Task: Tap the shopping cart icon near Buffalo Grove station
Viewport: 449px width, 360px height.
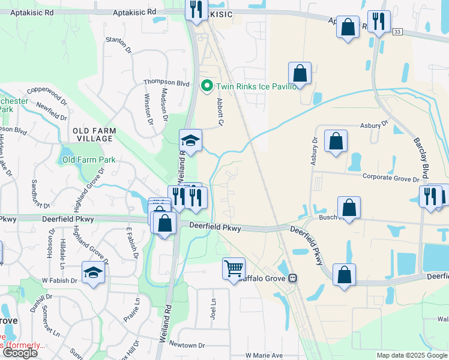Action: (x=234, y=268)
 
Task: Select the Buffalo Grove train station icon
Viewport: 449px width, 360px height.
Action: (x=293, y=278)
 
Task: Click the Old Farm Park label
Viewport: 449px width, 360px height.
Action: (x=89, y=160)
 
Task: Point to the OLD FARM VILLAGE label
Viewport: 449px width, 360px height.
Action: (x=92, y=134)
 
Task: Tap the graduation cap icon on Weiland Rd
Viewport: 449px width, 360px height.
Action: (x=190, y=140)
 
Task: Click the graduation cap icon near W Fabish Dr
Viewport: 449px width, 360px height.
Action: (x=93, y=274)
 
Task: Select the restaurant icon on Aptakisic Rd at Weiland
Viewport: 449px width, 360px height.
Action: (x=196, y=9)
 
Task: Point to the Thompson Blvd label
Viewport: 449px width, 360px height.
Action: (x=166, y=83)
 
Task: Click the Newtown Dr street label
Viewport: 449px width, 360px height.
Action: (x=187, y=345)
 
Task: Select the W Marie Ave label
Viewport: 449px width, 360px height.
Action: (x=264, y=355)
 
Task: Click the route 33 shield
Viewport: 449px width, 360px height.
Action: (x=397, y=32)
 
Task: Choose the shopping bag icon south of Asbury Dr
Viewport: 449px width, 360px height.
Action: (x=336, y=141)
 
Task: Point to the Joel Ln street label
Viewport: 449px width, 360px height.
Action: (x=213, y=302)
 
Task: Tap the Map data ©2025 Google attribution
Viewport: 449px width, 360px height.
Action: (x=412, y=355)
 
